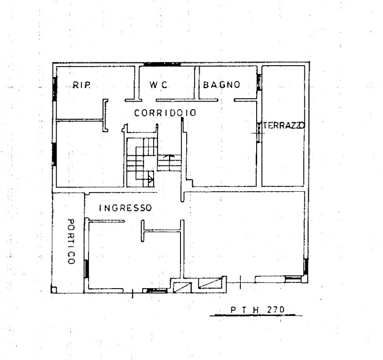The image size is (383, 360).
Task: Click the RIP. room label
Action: pyautogui.click(x=81, y=85)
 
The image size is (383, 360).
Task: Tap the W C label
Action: pyautogui.click(x=158, y=85)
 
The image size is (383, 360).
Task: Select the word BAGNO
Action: pyautogui.click(x=222, y=85)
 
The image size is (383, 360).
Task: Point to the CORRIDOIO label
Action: pyautogui.click(x=165, y=113)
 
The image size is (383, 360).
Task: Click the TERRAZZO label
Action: pyautogui.click(x=284, y=126)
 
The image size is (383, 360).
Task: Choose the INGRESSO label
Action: pyautogui.click(x=125, y=208)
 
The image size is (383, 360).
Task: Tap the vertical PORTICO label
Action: pyautogui.click(x=71, y=242)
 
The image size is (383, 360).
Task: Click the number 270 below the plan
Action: pyautogui.click(x=276, y=310)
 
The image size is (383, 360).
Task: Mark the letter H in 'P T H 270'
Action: pyautogui.click(x=256, y=310)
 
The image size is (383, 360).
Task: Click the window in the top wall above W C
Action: pyautogui.click(x=162, y=64)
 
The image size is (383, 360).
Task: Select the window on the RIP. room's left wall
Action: pyautogui.click(x=55, y=89)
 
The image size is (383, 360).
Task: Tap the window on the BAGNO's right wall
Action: pyautogui.click(x=259, y=82)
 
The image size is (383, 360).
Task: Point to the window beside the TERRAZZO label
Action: pyautogui.click(x=259, y=132)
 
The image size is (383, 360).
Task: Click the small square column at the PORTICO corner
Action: pyautogui.click(x=54, y=290)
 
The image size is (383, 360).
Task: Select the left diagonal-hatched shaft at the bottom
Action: pyautogui.click(x=182, y=288)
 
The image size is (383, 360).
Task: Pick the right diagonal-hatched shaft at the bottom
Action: pyautogui.click(x=210, y=283)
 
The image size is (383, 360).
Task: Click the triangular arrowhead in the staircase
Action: pyautogui.click(x=151, y=180)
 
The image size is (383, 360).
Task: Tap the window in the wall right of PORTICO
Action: pyautogui.click(x=87, y=269)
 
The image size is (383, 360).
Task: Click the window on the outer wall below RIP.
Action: pyautogui.click(x=55, y=154)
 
